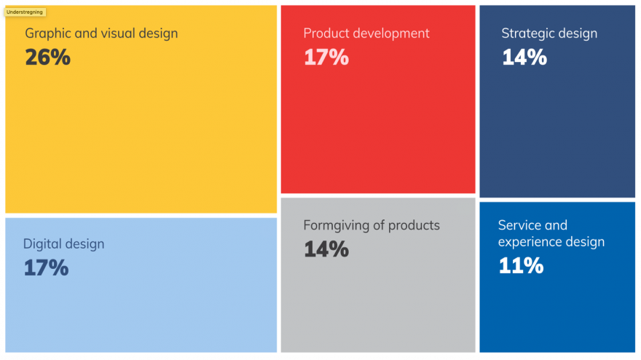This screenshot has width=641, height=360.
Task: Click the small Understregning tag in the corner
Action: (25, 12)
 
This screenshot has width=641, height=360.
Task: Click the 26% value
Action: (47, 58)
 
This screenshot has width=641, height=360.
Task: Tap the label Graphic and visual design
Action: (101, 34)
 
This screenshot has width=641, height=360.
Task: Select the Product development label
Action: (366, 34)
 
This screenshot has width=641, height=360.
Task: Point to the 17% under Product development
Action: (326, 58)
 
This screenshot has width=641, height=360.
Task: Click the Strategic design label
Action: (549, 34)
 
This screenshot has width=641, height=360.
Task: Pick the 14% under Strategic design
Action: (524, 58)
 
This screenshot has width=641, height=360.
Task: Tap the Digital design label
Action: (63, 244)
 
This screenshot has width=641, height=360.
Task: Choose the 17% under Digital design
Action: (46, 267)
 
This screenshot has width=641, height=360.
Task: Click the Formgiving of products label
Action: (371, 225)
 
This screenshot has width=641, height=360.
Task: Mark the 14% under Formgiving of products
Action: (326, 249)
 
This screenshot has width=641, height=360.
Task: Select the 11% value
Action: (521, 265)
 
